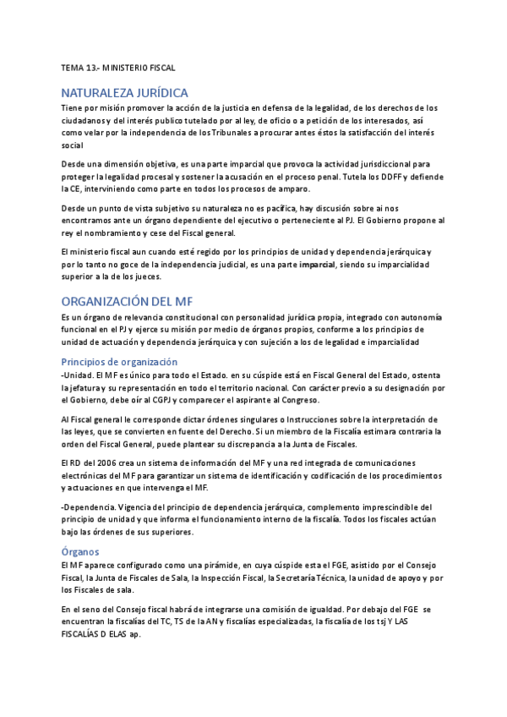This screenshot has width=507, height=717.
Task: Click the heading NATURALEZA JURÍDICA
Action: (x=124, y=92)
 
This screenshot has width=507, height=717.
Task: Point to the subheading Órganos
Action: (x=80, y=551)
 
